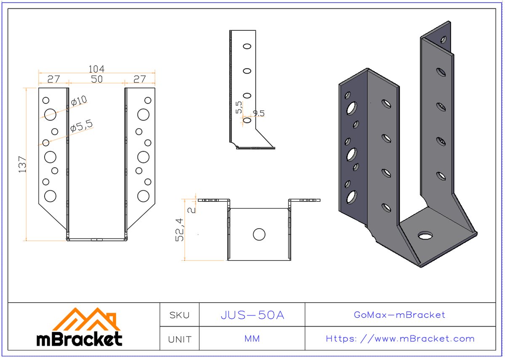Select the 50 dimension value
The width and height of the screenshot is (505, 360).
coord(97,79)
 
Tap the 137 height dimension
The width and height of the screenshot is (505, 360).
coord(23,164)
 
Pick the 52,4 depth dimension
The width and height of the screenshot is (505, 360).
coord(180,230)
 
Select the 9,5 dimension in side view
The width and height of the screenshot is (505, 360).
coord(258,113)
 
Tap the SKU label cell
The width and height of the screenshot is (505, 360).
coord(179,315)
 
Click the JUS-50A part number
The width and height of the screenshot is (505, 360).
coord(252,315)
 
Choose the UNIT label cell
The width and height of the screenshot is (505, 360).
coord(179,339)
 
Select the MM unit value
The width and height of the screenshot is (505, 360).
coord(252,339)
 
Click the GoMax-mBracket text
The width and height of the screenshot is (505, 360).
coord(399,315)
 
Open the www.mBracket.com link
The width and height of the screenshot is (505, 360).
coord(400,339)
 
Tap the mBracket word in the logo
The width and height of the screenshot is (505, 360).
coord(80,339)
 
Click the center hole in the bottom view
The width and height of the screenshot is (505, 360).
coord(259,235)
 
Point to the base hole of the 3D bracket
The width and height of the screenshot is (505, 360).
coord(426,235)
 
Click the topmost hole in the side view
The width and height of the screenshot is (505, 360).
coord(247,46)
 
